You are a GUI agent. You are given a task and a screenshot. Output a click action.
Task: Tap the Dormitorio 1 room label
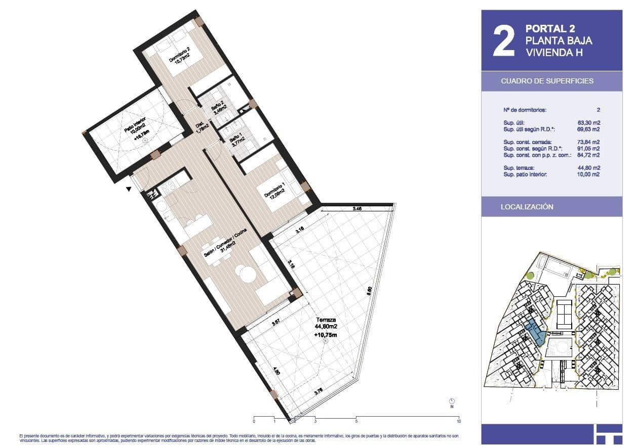tap(274, 192)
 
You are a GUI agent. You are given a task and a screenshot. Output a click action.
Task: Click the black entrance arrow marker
tap(129, 189)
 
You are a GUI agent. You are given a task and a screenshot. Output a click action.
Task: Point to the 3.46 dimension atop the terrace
tap(356, 208)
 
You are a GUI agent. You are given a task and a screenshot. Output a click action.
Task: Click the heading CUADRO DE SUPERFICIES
tap(547, 81)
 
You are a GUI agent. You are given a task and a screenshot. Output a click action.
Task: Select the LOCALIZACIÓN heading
tap(527, 207)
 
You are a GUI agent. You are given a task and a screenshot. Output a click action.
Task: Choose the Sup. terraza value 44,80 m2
tap(588, 168)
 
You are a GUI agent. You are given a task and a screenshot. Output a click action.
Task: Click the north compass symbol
tap(452, 400)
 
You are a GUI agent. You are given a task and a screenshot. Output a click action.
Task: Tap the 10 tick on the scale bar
tap(459, 421)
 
